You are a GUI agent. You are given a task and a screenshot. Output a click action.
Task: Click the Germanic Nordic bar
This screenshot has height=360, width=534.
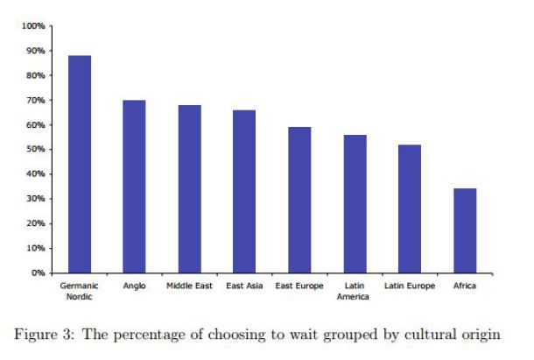coord(80,164)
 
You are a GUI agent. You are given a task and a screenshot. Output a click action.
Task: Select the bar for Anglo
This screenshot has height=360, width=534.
coord(134,187)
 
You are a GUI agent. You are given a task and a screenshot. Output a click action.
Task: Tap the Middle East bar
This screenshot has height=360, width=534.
coord(190,189)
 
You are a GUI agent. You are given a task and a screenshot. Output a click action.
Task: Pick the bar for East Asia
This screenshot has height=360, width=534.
coord(244,192)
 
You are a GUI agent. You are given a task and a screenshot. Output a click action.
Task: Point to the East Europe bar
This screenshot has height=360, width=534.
coord(299,200)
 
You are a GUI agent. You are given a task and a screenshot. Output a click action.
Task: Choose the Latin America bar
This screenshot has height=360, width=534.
coord(355,204)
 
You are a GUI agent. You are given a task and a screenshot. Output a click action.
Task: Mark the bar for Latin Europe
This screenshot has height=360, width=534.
coord(410,209)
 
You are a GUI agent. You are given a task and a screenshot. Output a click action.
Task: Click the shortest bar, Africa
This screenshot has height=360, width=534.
coord(465,230)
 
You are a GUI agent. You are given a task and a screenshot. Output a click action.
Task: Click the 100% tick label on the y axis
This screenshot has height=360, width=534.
coord(33,26)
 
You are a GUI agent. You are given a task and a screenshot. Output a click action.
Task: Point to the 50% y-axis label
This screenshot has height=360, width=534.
coord(36,149)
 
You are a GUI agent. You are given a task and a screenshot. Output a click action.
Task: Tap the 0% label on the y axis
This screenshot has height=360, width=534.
coord(38,273)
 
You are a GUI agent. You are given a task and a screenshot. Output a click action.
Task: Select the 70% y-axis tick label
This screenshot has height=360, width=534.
coord(36,100)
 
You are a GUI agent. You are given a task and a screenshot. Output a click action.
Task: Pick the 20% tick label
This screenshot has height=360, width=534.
coord(36,223)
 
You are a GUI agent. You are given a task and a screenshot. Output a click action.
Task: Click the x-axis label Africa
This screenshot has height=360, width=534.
coord(465,286)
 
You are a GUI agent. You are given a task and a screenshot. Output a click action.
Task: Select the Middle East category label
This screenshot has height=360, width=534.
coord(189,286)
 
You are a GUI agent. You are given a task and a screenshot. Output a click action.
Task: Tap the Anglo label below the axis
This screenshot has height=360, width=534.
coord(134,286)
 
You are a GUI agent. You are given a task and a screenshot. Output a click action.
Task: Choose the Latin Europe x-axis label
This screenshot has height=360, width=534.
coord(410,286)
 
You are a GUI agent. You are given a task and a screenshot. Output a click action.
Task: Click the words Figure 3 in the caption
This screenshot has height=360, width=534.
coord(44,334)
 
